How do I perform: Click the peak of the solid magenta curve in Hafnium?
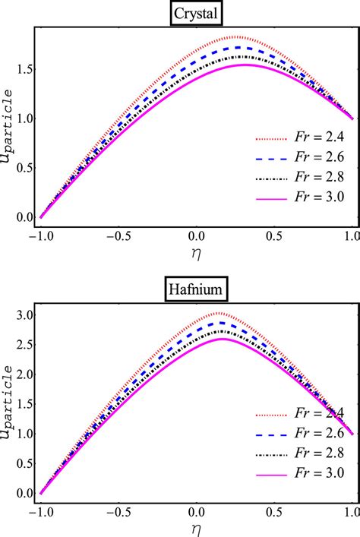coord(224,339)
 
